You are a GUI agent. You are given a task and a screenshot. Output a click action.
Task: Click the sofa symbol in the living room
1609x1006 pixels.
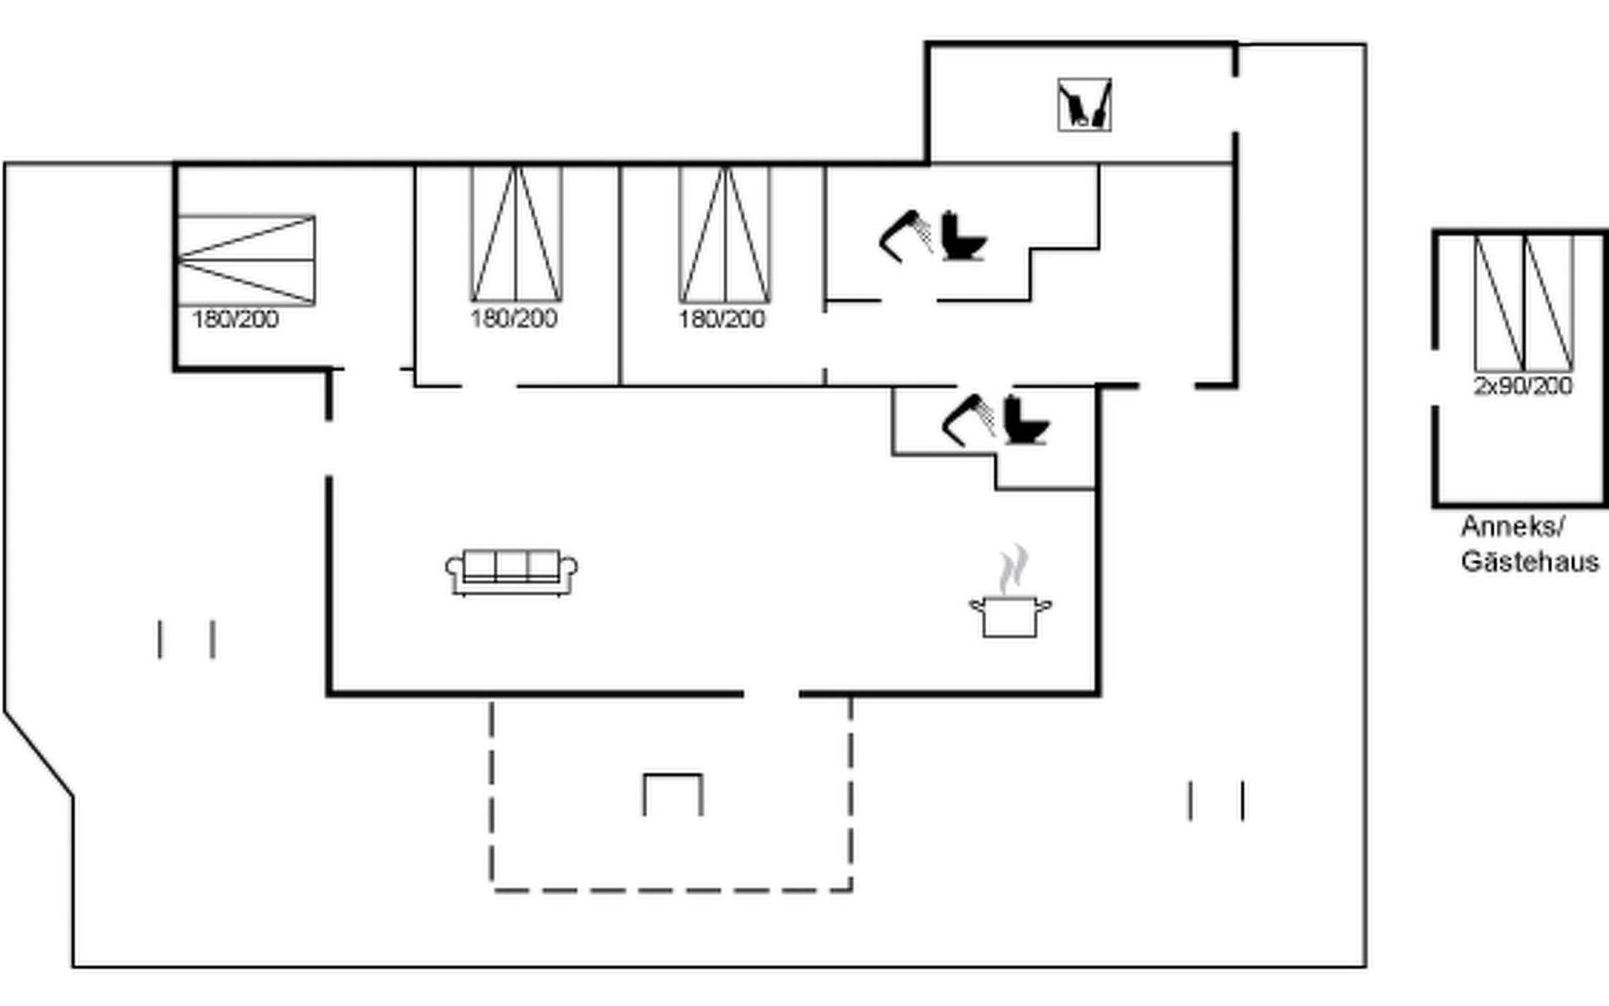tap(511, 573)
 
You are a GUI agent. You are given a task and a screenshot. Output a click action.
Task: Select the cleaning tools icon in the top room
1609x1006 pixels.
tap(1084, 105)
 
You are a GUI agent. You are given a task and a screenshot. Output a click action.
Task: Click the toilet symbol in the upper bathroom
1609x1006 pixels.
tap(963, 236)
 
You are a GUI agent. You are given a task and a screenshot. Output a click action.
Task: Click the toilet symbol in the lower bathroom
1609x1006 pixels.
tap(1026, 420)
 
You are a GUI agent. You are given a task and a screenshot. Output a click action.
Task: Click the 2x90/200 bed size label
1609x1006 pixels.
tap(1523, 386)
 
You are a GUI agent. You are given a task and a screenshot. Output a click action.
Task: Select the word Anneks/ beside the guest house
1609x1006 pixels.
tap(1512, 526)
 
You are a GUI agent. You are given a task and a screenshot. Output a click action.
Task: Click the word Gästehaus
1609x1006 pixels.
tap(1529, 561)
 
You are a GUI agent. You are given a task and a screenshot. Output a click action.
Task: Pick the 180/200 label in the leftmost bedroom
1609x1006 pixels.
tap(235, 319)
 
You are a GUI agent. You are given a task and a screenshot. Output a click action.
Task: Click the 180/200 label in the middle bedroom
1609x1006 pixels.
tap(514, 319)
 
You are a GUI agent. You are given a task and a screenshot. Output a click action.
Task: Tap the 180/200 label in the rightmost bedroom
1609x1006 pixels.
tap(722, 319)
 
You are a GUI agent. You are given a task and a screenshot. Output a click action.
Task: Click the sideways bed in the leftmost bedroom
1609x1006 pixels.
tap(246, 260)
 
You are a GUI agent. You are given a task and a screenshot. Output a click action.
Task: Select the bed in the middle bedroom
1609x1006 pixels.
tap(516, 234)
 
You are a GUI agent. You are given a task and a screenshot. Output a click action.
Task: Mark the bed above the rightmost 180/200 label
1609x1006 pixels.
tap(725, 234)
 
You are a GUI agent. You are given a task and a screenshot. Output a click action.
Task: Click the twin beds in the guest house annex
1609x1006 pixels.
tap(1524, 303)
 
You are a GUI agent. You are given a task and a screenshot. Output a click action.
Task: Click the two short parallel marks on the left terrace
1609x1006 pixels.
tap(186, 640)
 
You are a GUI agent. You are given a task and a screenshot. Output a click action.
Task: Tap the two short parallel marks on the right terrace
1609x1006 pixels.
tap(1216, 801)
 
